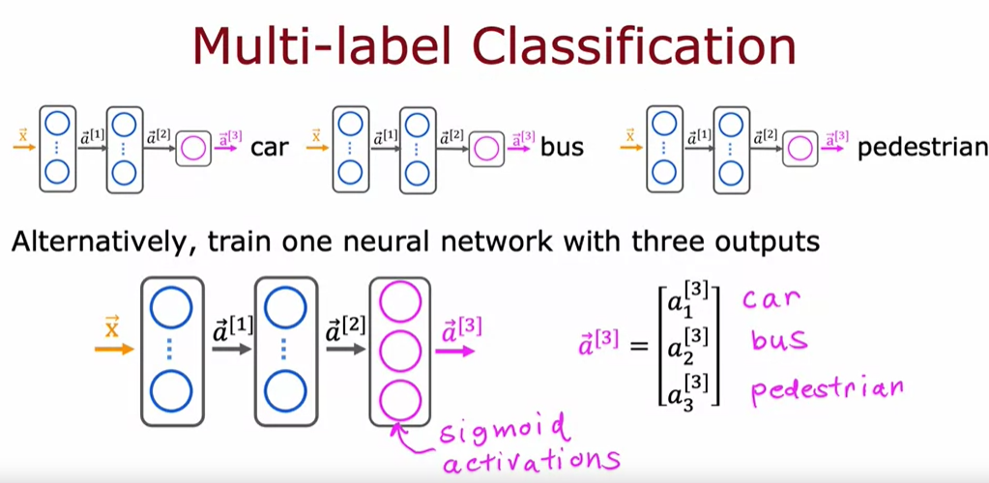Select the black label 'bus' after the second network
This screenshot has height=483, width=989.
pos(560,149)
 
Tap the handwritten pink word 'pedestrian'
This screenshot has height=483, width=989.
pos(827,389)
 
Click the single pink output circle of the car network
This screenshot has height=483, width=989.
pos(193,149)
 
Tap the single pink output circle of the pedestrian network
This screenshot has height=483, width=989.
pos(799,149)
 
